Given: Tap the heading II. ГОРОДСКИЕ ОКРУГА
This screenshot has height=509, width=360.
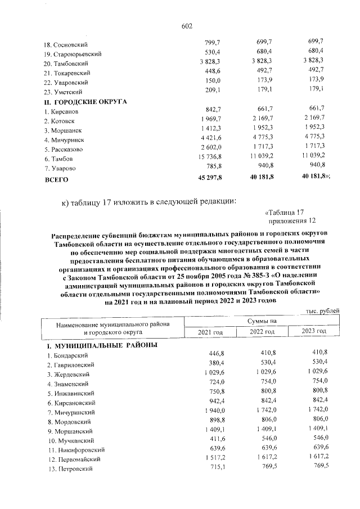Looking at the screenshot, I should tap(85, 102).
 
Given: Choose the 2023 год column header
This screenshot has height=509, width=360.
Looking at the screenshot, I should tap(314, 332).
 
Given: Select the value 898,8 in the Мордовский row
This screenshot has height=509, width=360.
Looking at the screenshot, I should tap(217, 422).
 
